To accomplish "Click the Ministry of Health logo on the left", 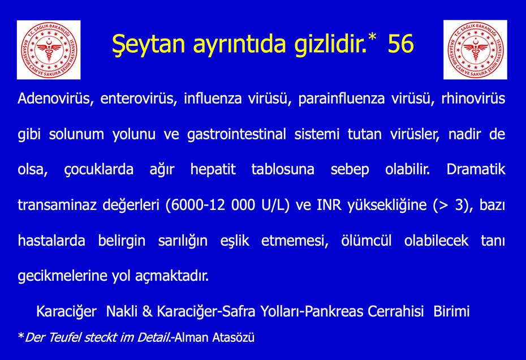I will point(49,50).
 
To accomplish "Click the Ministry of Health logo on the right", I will point(475,50).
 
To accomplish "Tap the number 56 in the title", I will point(400,44).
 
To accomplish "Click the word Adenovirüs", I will point(55,99).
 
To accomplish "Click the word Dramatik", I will point(476,170).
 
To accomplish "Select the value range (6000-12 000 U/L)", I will point(227,205).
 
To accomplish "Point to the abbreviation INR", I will point(330,205).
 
